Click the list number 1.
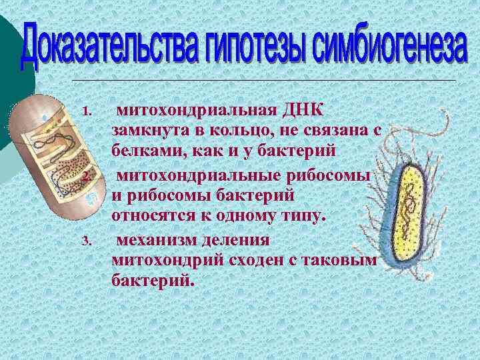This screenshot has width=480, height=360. tap(84, 110)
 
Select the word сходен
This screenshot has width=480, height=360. tap(257, 260)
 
